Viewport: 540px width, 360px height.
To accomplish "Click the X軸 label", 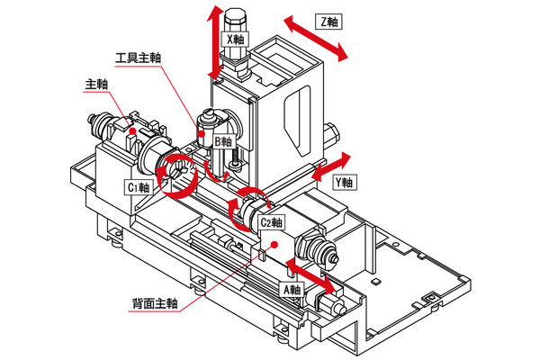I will point(236,40).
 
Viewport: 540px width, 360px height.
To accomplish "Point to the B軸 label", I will point(223,141).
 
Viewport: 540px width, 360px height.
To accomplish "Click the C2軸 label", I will point(270,222).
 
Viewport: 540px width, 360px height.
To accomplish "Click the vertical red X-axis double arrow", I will point(215,40).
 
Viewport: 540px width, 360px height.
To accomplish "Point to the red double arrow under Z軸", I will point(314,40).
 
